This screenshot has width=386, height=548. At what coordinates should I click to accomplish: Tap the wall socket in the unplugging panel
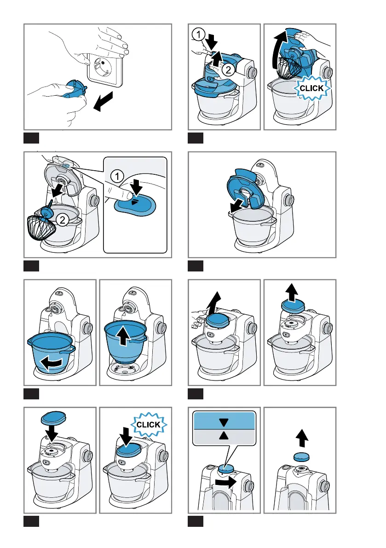click(x=105, y=69)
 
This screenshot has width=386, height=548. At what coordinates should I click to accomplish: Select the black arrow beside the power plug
click(x=104, y=101)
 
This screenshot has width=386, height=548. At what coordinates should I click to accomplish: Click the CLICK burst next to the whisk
click(x=311, y=88)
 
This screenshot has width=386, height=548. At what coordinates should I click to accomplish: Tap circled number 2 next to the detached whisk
click(x=63, y=220)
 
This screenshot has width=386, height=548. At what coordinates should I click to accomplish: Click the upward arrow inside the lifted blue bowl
click(x=123, y=337)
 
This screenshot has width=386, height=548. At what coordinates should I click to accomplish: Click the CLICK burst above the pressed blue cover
click(x=149, y=425)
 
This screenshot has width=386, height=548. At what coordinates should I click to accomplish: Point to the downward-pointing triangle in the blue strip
click(x=224, y=422)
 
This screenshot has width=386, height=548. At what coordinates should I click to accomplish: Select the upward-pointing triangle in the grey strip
click(x=224, y=435)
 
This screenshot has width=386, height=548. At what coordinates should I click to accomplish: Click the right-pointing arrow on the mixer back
click(x=225, y=483)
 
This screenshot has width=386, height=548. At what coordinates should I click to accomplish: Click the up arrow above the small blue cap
click(x=302, y=438)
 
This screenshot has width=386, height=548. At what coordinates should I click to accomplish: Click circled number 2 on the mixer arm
click(x=228, y=69)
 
